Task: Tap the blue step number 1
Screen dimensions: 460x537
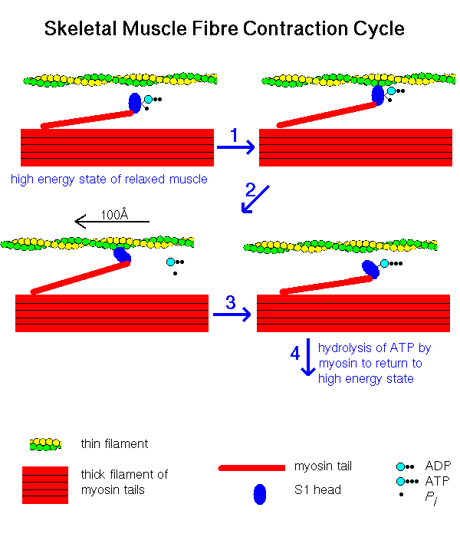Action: (234, 135)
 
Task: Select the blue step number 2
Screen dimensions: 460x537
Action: (251, 189)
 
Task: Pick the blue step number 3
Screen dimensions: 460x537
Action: (231, 303)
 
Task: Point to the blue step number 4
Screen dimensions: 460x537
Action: (295, 353)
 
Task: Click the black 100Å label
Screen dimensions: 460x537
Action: (114, 214)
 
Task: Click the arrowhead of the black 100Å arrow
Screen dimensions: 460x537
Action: (76, 221)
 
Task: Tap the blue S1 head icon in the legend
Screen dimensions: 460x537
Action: (260, 494)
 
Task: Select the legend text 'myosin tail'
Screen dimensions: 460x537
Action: (323, 466)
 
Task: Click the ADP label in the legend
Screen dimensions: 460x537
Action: (438, 466)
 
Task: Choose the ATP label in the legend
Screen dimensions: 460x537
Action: (437, 481)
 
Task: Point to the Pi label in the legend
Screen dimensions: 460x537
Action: (431, 498)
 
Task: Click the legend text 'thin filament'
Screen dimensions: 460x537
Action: (114, 444)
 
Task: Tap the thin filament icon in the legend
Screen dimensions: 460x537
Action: (45, 444)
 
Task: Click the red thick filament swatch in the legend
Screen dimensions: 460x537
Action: (45, 485)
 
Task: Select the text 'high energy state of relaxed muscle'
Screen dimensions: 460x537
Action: (109, 179)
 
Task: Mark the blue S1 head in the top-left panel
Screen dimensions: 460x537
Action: (135, 103)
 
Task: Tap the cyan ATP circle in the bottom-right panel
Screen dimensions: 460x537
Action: (384, 263)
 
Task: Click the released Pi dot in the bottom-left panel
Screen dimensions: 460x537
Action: (176, 273)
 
